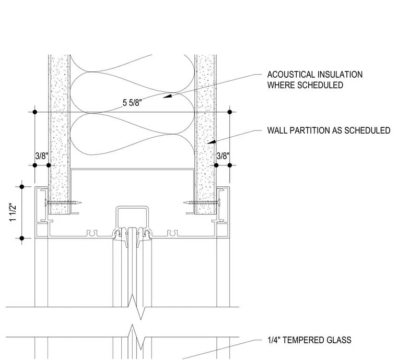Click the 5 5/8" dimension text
pyautogui.click(x=132, y=103)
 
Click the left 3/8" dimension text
pyautogui.click(x=41, y=156)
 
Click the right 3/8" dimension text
pyautogui.click(x=223, y=156)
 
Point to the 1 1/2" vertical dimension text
pyautogui.click(x=13, y=212)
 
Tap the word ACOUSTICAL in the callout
pyautogui.click(x=290, y=75)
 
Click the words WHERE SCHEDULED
pyautogui.click(x=305, y=85)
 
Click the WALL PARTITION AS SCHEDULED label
pyautogui.click(x=329, y=130)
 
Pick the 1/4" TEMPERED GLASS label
pyautogui.click(x=309, y=340)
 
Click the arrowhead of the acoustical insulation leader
pyautogui.click(x=167, y=95)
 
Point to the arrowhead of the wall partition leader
pyautogui.click(x=212, y=142)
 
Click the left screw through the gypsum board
pyautogui.click(x=63, y=202)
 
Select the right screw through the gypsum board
pyautogui.click(x=202, y=202)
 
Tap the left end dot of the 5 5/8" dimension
pyautogui.click(x=35, y=112)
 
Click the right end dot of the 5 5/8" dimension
pyautogui.click(x=230, y=112)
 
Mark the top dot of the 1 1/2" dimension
pyautogui.click(x=22, y=187)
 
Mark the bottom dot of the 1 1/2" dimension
pyautogui.click(x=22, y=238)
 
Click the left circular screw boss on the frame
pyautogui.click(x=92, y=233)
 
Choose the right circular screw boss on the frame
pyautogui.click(x=172, y=233)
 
